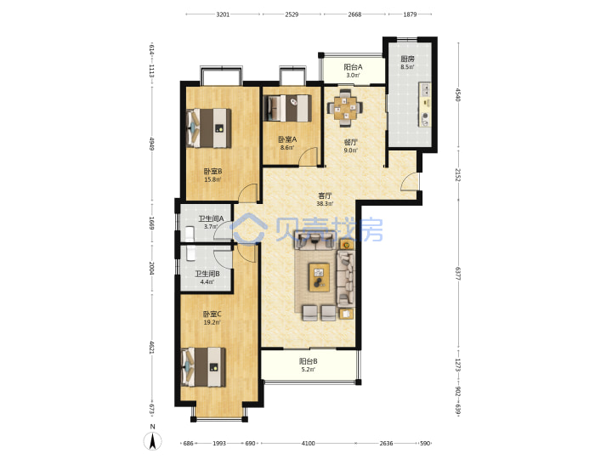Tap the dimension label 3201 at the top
click(223, 14)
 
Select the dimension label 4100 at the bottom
click(308, 443)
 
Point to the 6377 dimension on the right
click(458, 273)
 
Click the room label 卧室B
click(212, 172)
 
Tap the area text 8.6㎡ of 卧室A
click(287, 148)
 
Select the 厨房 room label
click(407, 59)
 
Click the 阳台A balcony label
click(353, 67)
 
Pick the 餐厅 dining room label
click(350, 142)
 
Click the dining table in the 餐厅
click(344, 108)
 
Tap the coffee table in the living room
click(319, 277)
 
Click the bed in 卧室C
click(204, 367)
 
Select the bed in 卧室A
click(289, 108)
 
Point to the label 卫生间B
click(207, 274)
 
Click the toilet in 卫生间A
click(190, 233)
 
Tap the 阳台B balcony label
click(308, 361)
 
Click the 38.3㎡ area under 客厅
click(325, 203)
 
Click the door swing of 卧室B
click(248, 193)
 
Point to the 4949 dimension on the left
click(151, 144)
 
